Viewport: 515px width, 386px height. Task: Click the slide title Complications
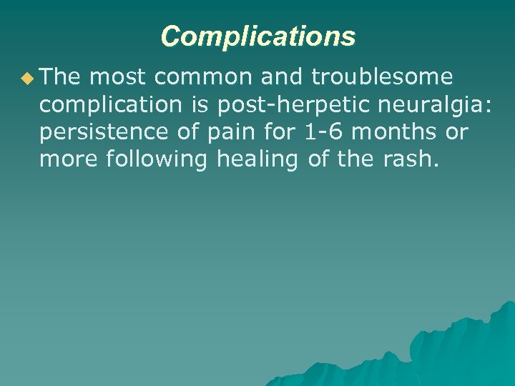click(x=257, y=36)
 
